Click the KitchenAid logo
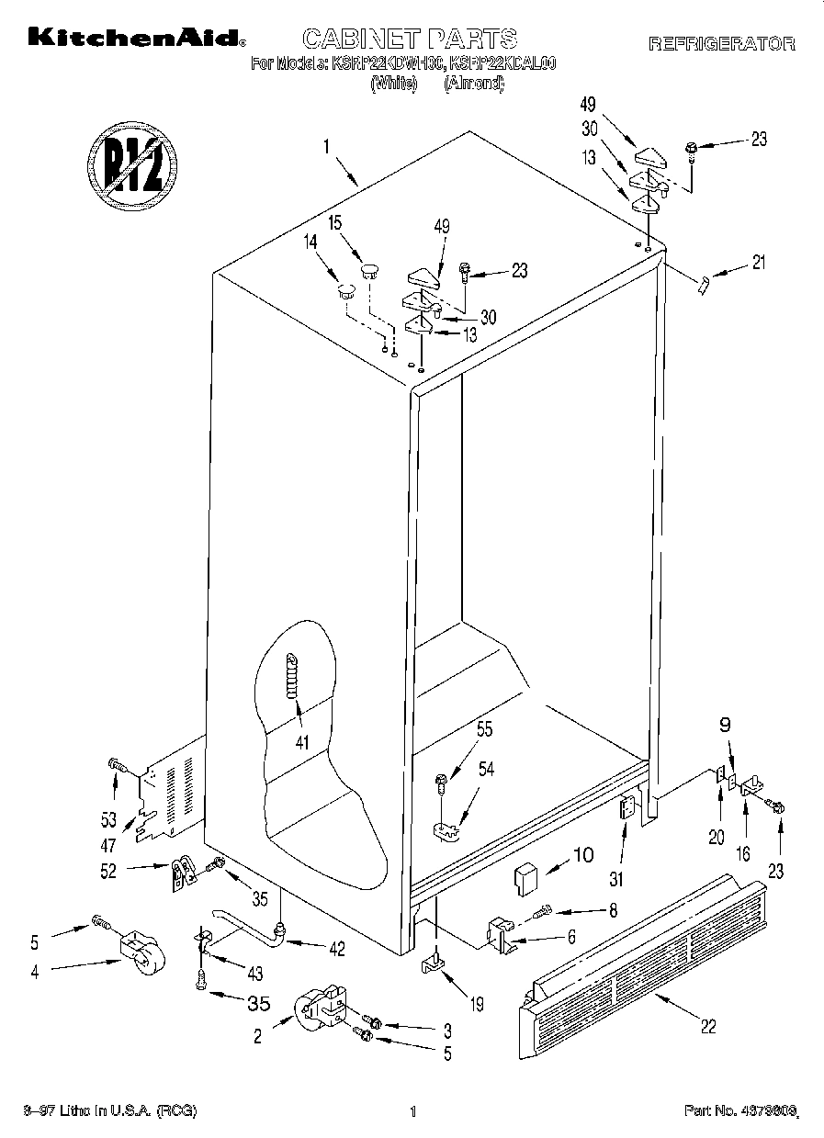(x=137, y=39)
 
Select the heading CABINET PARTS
(x=410, y=39)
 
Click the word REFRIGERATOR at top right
(x=721, y=43)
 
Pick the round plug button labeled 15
(x=369, y=269)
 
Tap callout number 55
(x=484, y=730)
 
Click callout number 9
(x=726, y=724)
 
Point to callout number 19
(x=476, y=1005)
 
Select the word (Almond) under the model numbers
(x=474, y=84)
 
